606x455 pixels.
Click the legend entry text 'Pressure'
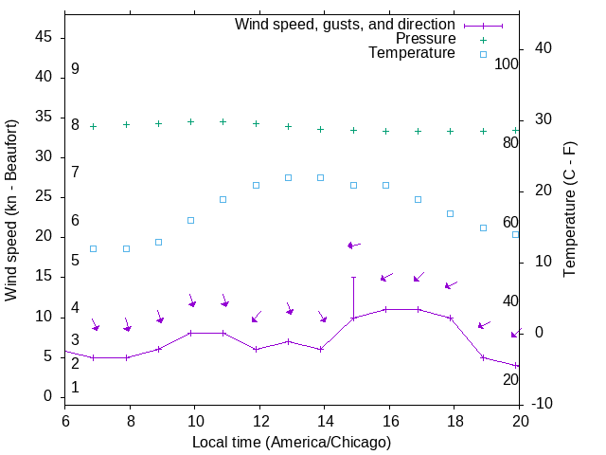click(425, 39)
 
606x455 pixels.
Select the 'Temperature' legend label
click(412, 53)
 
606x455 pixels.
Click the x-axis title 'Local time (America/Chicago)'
click(292, 442)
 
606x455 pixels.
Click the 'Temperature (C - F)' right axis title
click(569, 210)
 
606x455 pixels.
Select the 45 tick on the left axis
click(44, 38)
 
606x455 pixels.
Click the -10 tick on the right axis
click(544, 404)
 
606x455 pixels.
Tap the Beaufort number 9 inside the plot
click(75, 69)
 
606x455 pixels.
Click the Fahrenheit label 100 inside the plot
click(507, 64)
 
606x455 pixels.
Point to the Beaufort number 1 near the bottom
click(75, 387)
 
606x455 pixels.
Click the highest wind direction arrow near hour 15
click(353, 245)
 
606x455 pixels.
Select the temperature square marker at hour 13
click(288, 177)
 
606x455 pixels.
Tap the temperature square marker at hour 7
click(94, 248)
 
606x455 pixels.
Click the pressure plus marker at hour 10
click(190, 121)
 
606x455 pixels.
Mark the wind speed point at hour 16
click(385, 309)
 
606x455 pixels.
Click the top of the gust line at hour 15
click(353, 278)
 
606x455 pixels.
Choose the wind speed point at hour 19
click(483, 357)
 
